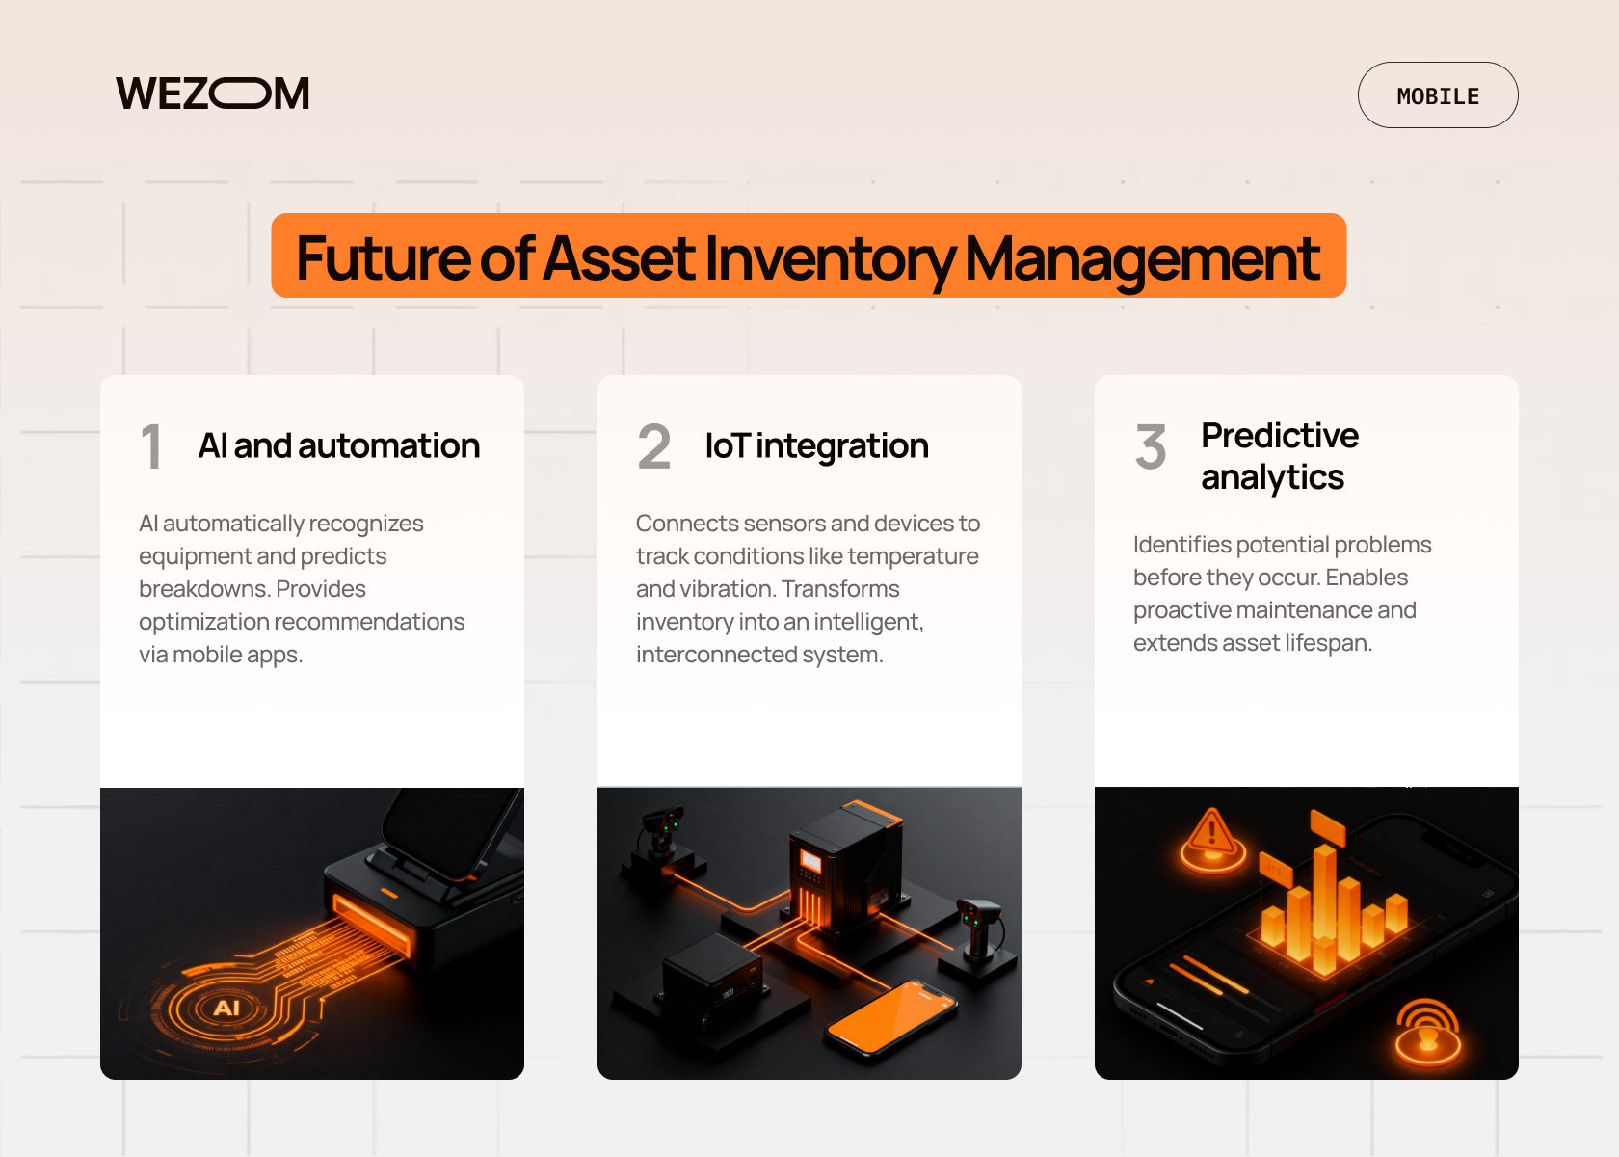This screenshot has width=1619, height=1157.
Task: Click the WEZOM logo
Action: (212, 94)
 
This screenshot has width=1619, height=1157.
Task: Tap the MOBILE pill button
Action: (1438, 95)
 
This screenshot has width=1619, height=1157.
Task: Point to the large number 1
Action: (151, 447)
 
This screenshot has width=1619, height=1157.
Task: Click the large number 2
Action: (654, 447)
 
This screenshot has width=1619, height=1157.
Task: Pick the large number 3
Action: (1151, 447)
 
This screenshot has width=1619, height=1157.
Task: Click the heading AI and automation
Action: (339, 445)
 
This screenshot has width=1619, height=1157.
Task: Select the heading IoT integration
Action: (817, 446)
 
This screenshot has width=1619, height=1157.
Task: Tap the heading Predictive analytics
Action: (1280, 456)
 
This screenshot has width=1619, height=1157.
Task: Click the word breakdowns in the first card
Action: (204, 588)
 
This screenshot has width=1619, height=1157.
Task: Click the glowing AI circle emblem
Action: (226, 1008)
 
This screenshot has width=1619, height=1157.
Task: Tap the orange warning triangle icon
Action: (1212, 841)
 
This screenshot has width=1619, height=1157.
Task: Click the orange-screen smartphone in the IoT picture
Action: (892, 1017)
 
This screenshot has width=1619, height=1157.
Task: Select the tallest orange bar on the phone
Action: (1324, 905)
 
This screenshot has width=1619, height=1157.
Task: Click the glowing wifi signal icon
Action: (1426, 1033)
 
